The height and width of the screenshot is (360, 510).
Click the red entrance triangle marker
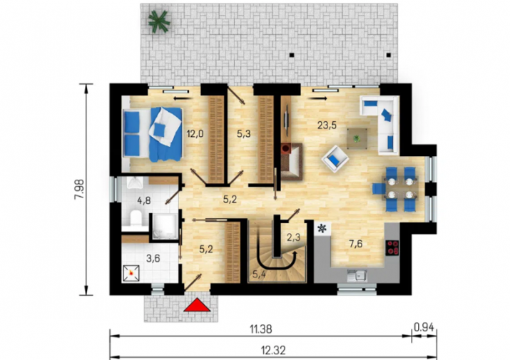click(x=197, y=305)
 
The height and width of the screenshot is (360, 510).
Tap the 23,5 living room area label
click(x=327, y=125)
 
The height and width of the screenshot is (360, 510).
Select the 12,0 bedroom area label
click(x=195, y=133)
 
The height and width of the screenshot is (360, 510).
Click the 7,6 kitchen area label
click(x=355, y=244)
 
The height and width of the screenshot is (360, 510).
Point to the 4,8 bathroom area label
click(x=144, y=200)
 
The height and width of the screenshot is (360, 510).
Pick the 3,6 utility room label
click(x=153, y=259)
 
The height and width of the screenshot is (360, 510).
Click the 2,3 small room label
click(x=293, y=237)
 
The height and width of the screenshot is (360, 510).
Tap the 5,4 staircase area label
click(x=259, y=274)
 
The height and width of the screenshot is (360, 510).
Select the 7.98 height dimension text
click(x=79, y=190)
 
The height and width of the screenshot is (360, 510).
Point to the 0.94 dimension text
click(x=424, y=327)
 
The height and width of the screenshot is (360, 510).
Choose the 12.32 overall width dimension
click(x=274, y=350)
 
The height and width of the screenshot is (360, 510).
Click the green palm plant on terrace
click(x=159, y=21)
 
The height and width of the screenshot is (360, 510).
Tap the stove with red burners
click(x=392, y=247)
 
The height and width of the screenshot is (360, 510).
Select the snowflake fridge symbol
click(x=322, y=228)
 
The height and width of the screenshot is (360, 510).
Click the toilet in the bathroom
click(x=135, y=217)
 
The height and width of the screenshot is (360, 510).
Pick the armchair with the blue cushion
click(x=335, y=159)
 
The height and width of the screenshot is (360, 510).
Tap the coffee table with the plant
click(x=357, y=138)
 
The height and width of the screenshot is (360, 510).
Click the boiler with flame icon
click(x=131, y=274)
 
